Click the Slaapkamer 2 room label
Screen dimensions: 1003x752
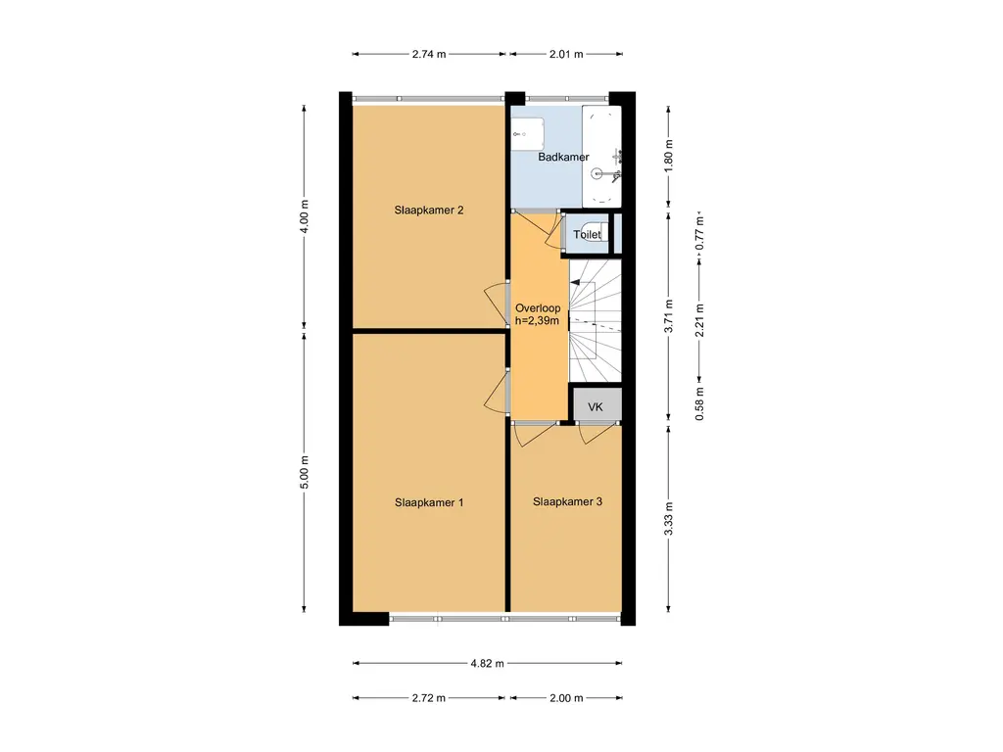pos(429,210)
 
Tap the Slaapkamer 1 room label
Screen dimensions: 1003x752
pos(429,502)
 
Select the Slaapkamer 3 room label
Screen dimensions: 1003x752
pos(567,502)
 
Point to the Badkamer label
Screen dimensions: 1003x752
pos(563,157)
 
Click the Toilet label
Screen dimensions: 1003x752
pos(587,235)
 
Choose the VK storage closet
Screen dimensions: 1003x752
pos(596,405)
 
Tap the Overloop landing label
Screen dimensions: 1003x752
pos(538,307)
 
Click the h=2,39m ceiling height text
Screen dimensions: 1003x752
pos(538,320)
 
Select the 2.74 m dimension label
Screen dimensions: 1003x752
pos(429,55)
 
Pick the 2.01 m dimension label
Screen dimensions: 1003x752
pos(566,55)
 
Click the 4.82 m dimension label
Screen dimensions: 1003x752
pos(488,663)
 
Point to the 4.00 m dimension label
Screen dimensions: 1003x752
pos(304,216)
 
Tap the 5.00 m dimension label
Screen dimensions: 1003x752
pos(304,473)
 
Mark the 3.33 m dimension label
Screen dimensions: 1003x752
pos(668,519)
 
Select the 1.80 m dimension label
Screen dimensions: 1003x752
pos(668,156)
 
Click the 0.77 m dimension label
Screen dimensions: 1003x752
pos(699,233)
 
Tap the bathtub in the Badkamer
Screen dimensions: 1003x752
pos(601,157)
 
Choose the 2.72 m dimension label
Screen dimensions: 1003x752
pos(429,697)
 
